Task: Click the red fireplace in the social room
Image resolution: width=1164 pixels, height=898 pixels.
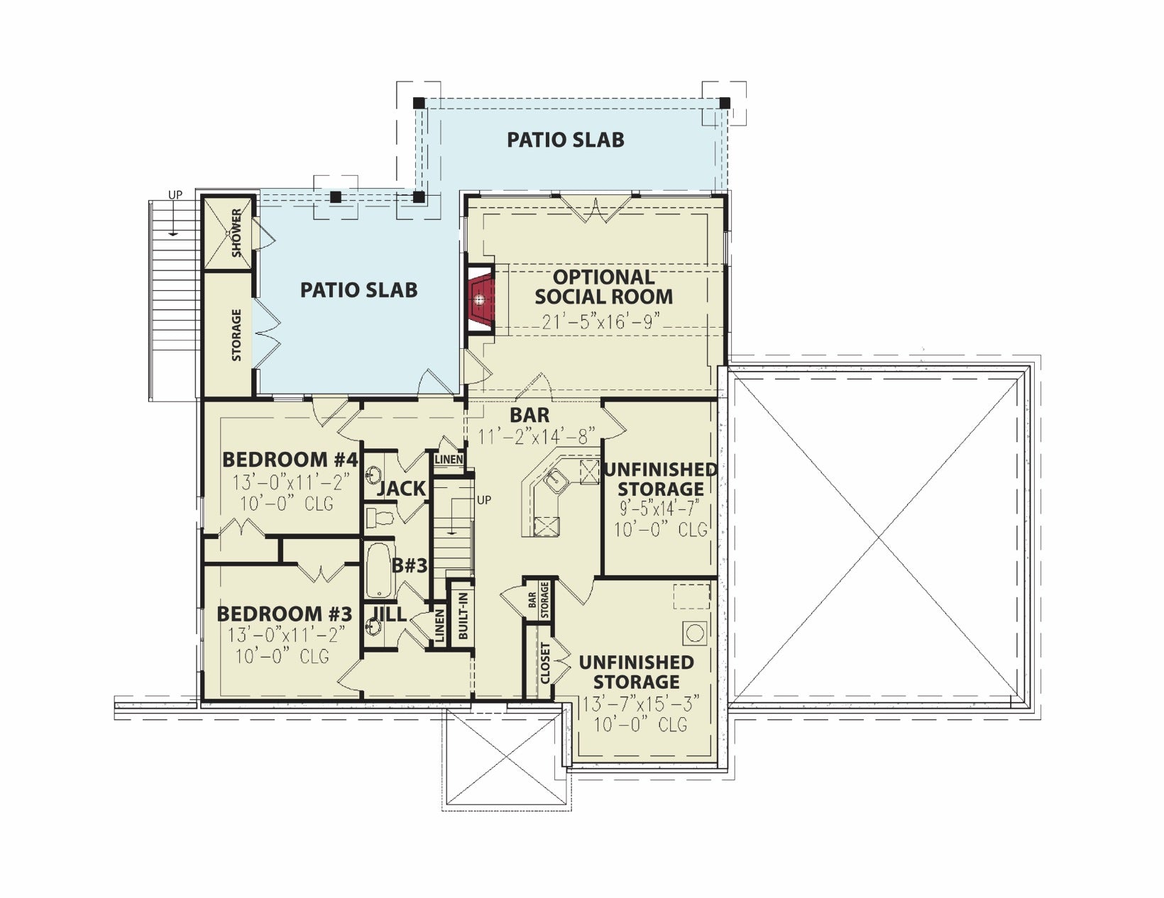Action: [481, 300]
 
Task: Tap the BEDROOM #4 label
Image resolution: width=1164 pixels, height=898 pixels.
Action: [290, 460]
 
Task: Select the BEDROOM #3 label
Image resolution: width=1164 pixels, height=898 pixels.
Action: [285, 614]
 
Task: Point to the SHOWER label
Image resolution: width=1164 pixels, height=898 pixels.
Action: [236, 233]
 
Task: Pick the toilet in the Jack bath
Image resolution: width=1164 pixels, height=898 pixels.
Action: [379, 518]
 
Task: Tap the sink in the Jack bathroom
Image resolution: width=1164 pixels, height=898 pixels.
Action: [373, 475]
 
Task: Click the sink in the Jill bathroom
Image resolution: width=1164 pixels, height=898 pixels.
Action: [373, 625]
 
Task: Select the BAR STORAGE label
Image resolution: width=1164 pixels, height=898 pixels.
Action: [538, 601]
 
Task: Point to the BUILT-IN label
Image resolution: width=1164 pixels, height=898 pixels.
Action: [463, 616]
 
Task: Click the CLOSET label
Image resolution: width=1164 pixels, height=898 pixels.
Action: [545, 664]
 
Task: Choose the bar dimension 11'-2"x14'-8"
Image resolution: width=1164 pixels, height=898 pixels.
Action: [537, 437]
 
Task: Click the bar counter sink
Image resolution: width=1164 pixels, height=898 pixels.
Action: [556, 479]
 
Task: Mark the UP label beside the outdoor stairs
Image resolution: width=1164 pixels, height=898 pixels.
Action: [175, 195]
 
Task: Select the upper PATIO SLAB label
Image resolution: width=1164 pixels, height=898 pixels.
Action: [566, 140]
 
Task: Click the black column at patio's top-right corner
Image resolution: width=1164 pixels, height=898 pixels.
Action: [724, 102]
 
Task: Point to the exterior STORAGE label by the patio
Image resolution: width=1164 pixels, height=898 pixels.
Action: [236, 335]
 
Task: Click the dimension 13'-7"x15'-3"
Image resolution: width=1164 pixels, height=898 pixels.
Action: [641, 704]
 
